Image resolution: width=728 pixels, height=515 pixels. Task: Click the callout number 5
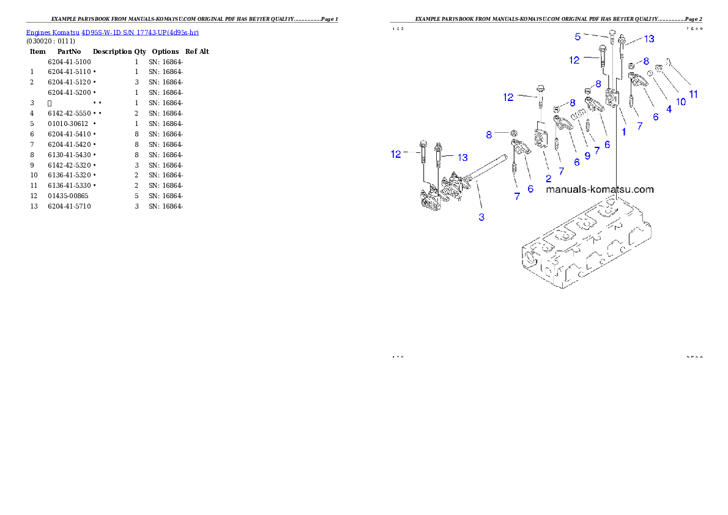click(578, 37)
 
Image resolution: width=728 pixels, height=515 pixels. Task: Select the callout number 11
click(693, 94)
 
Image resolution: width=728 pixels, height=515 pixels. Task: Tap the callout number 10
click(680, 102)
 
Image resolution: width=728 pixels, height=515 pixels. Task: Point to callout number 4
click(669, 109)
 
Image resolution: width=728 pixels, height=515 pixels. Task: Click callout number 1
click(624, 131)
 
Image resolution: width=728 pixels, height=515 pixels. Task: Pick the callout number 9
click(587, 155)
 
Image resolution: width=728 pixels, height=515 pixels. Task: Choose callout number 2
click(549, 178)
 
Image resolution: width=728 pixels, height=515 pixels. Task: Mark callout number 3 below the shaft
click(481, 217)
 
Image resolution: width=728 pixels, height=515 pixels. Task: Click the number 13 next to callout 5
click(648, 39)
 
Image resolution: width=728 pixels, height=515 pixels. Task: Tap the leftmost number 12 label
click(396, 154)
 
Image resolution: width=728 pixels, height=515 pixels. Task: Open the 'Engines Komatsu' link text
click(53, 32)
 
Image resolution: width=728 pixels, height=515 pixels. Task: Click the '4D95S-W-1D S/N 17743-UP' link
click(140, 32)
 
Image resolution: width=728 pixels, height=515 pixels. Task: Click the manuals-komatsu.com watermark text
click(600, 189)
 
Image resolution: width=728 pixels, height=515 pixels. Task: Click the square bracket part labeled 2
click(541, 138)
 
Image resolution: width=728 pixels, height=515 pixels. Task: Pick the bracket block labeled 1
click(612, 97)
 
